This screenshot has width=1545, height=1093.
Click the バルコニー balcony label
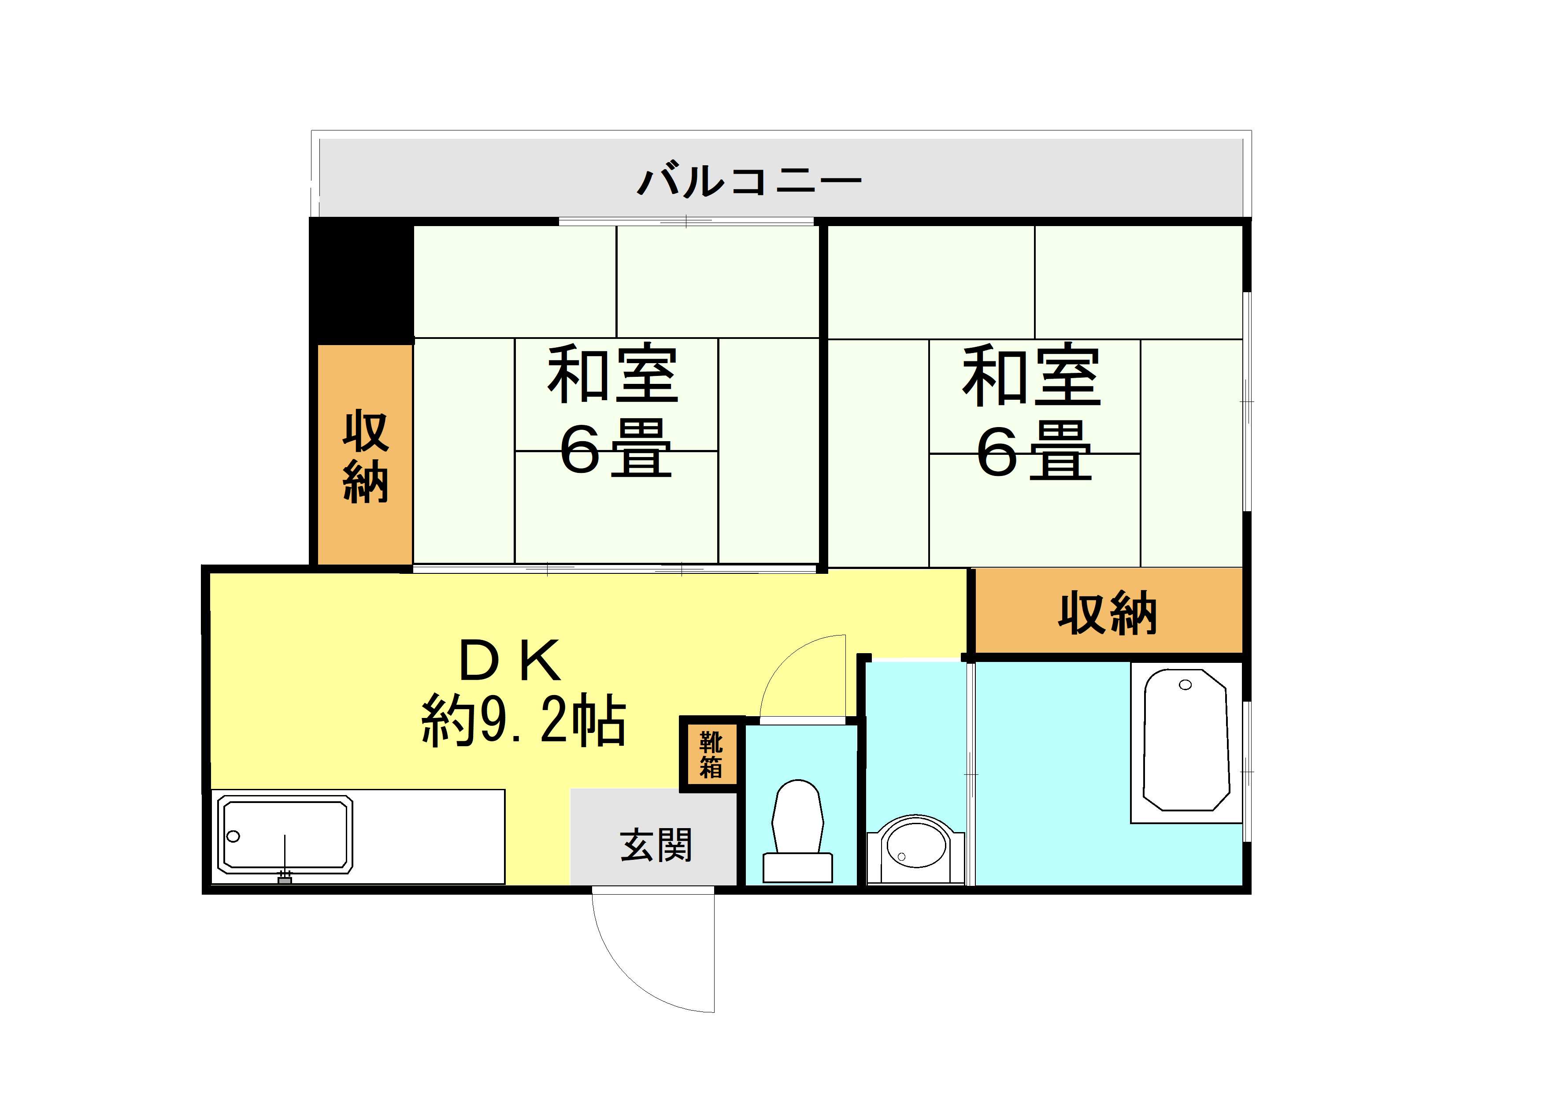point(749,180)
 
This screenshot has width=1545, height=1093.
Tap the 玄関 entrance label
point(656,845)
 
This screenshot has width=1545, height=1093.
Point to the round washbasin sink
point(916,849)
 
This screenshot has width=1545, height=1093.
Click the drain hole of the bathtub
point(1186,685)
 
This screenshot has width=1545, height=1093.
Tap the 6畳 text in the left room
point(616,448)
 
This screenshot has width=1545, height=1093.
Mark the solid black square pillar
point(361,281)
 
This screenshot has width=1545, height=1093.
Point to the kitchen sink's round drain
point(233,836)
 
